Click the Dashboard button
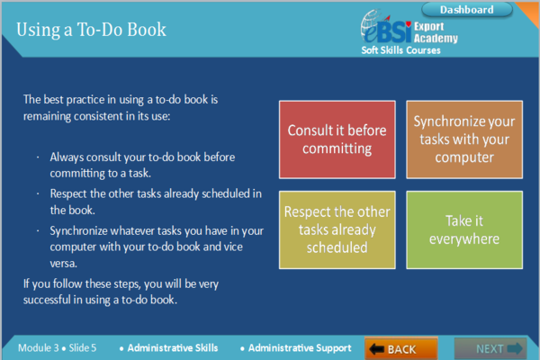pyautogui.click(x=466, y=10)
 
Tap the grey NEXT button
pyautogui.click(x=489, y=348)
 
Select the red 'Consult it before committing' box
pyautogui.click(x=337, y=139)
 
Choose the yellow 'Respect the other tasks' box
pyautogui.click(x=337, y=229)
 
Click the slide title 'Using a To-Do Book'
pyautogui.click(x=91, y=30)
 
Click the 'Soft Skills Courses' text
pyautogui.click(x=401, y=50)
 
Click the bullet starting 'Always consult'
pyautogui.click(x=142, y=156)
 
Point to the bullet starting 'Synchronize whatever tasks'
pyautogui.click(x=144, y=229)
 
